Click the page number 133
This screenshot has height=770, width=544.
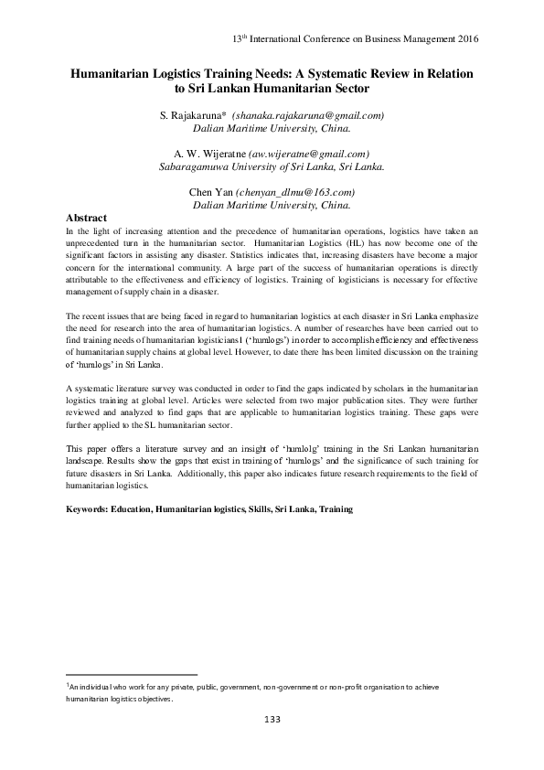pyautogui.click(x=272, y=721)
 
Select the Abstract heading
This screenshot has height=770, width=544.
pyautogui.click(x=87, y=219)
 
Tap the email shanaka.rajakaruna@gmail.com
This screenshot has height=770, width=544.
pyautogui.click(x=308, y=116)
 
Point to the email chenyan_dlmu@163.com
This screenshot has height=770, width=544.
pyautogui.click(x=295, y=193)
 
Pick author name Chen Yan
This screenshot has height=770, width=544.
pyautogui.click(x=210, y=193)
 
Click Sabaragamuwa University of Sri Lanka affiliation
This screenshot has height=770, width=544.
pyautogui.click(x=272, y=167)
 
